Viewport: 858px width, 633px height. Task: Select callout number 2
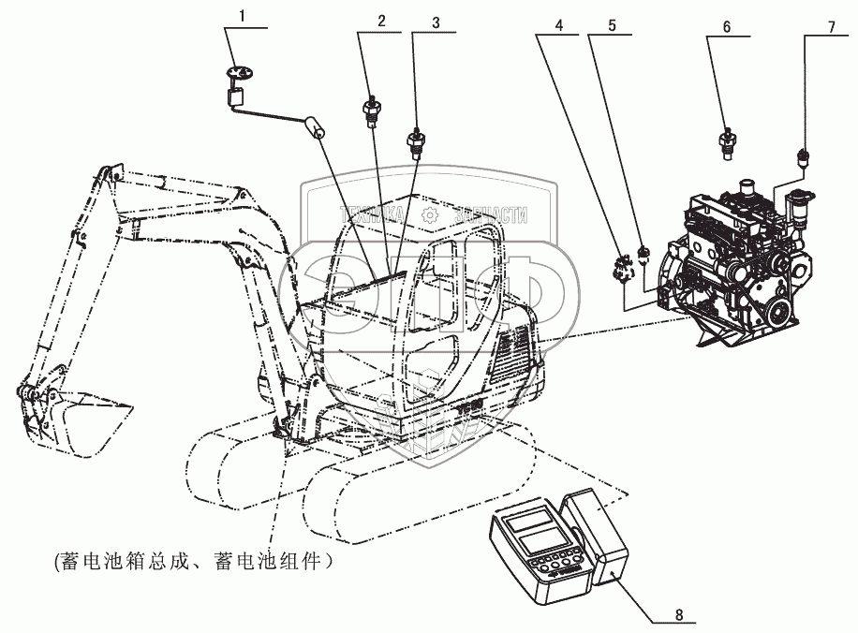coord(381,20)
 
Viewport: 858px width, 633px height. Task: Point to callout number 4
coord(559,25)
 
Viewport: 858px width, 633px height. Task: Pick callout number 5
coord(612,25)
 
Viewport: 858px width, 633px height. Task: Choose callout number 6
coord(726,27)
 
